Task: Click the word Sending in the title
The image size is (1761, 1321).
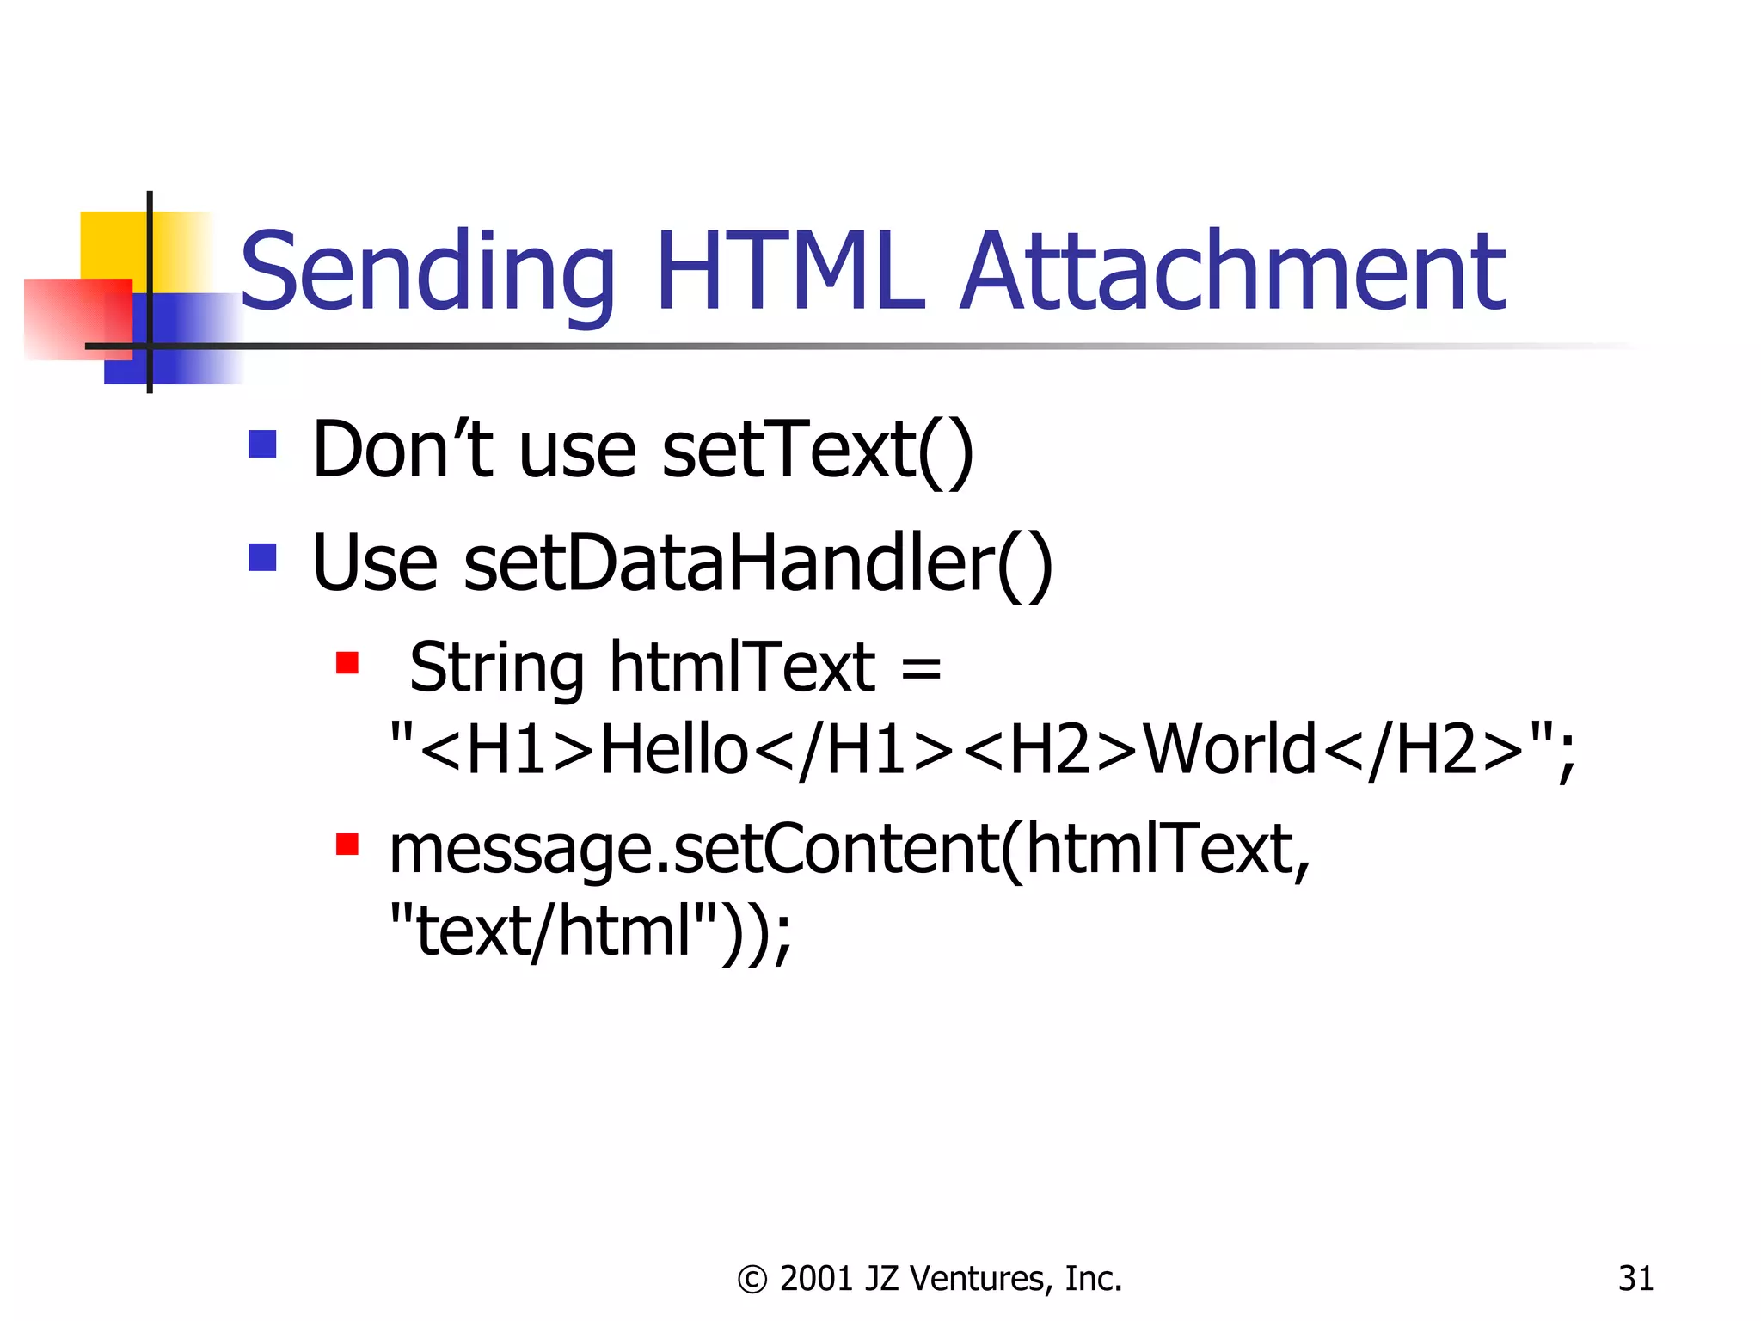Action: (427, 273)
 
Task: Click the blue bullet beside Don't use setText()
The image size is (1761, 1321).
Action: (262, 444)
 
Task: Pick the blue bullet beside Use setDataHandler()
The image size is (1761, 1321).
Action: (262, 557)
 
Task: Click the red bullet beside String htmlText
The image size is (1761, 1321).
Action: (347, 663)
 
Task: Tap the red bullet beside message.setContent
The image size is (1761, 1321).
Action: (347, 844)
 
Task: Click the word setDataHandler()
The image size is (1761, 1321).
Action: (758, 563)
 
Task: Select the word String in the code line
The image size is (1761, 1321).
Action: (497, 669)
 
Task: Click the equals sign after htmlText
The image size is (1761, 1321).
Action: (922, 668)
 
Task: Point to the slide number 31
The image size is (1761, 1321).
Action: (1635, 1279)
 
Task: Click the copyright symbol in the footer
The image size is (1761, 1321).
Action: (752, 1280)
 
